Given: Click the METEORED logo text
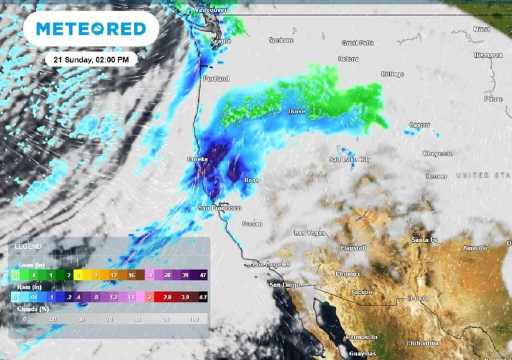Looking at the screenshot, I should coord(91,29).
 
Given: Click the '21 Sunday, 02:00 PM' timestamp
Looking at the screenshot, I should coord(92,59).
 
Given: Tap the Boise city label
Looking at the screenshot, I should coord(297,111).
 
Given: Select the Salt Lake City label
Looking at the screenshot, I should coord(350,160).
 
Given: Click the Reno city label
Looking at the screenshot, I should coord(252,180).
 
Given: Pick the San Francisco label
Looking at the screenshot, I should coord(219,208).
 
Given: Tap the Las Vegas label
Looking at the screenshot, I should coord(309,233).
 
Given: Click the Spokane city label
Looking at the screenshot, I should coord(281,40).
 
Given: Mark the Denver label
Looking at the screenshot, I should coord(437,176).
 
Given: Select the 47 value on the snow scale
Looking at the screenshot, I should coord(201,275).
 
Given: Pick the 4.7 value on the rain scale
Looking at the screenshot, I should coord(201,297).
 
